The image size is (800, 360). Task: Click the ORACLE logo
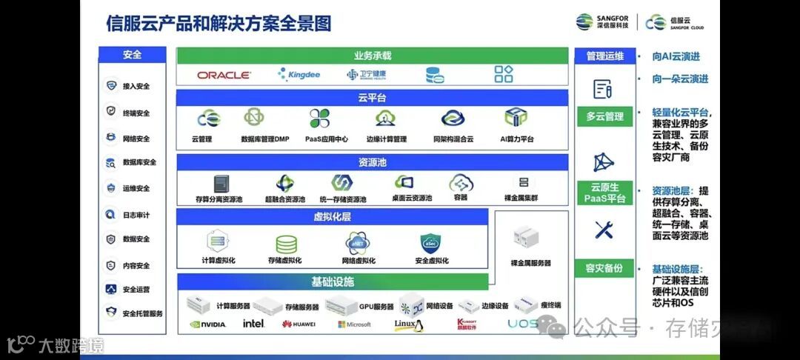pyautogui.click(x=224, y=75)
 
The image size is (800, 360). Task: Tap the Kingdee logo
pyautogui.click(x=299, y=75)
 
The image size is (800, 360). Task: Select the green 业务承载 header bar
pyautogui.click(x=372, y=56)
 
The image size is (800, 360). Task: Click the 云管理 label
pyautogui.click(x=201, y=139)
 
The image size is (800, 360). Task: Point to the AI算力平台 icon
pyautogui.click(x=516, y=118)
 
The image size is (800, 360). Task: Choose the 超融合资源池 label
pyautogui.click(x=284, y=199)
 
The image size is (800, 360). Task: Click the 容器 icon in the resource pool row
pyautogui.click(x=461, y=182)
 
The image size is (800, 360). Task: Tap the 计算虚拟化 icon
pyautogui.click(x=218, y=241)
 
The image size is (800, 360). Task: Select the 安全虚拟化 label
pyautogui.click(x=431, y=261)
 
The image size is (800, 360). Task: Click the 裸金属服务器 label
pyautogui.click(x=530, y=263)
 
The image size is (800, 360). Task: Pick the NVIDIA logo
pyautogui.click(x=207, y=324)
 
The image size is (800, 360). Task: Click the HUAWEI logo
pyautogui.click(x=299, y=324)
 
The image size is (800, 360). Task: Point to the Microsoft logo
pyautogui.click(x=355, y=324)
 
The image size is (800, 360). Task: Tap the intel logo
pyautogui.click(x=253, y=324)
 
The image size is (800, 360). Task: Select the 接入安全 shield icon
pyautogui.click(x=111, y=86)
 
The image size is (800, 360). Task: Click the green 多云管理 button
pyautogui.click(x=604, y=116)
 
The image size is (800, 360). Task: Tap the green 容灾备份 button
pyautogui.click(x=604, y=268)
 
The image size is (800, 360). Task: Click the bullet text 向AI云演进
pyautogui.click(x=676, y=56)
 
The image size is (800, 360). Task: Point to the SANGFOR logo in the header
pyautogui.click(x=603, y=22)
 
